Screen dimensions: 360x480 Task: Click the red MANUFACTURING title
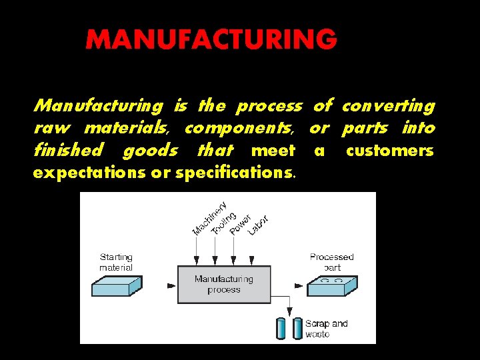point(211,40)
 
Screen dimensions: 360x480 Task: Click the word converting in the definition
point(388,106)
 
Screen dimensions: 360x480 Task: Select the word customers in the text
point(390,151)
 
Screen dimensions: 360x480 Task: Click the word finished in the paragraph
point(68,151)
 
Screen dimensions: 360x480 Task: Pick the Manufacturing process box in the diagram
point(223,285)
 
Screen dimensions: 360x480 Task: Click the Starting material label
point(116,262)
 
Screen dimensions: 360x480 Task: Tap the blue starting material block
point(116,286)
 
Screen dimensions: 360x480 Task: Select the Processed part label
point(332,262)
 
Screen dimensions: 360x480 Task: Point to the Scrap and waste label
point(327,329)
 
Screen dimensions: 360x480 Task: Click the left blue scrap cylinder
point(280,329)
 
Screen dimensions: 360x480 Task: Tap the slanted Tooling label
point(223,222)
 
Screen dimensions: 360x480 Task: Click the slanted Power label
point(239,224)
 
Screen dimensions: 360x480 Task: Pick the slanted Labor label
point(258,225)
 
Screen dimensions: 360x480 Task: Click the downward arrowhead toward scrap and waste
point(289,311)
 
